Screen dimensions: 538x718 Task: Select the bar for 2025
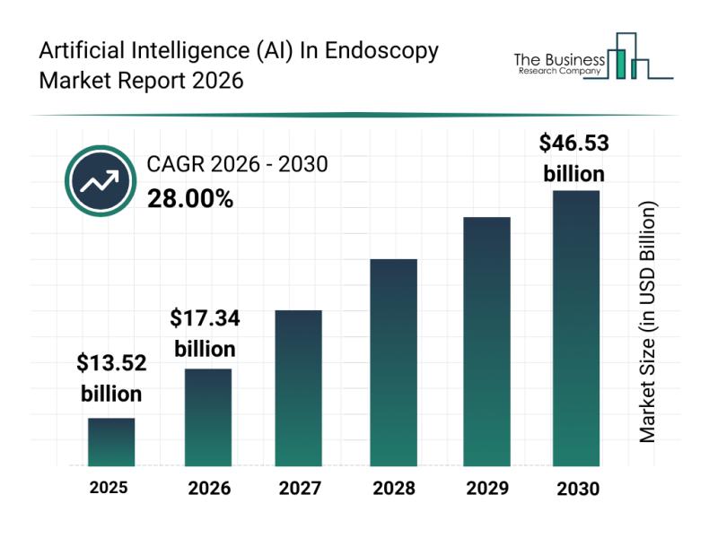tap(111, 442)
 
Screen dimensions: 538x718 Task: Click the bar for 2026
tap(208, 417)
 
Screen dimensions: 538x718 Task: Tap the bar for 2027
tap(299, 387)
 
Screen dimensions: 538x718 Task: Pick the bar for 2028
tap(393, 362)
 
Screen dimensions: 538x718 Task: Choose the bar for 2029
tap(486, 341)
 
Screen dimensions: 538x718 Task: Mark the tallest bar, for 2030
tap(575, 328)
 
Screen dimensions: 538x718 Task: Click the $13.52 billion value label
tap(111, 377)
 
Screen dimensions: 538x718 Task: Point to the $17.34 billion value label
tap(205, 333)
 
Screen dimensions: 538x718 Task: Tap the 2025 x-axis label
tap(109, 488)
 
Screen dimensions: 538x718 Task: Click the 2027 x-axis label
tap(299, 489)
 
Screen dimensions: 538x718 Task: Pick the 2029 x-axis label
tap(486, 489)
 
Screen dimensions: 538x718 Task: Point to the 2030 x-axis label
tap(576, 489)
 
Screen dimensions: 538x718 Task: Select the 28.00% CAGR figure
tap(189, 199)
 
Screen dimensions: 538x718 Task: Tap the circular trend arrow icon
tap(99, 181)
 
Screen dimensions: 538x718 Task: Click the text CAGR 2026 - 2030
tap(237, 164)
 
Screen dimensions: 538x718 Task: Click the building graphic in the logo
tap(628, 58)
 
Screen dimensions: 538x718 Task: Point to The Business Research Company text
tap(556, 63)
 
